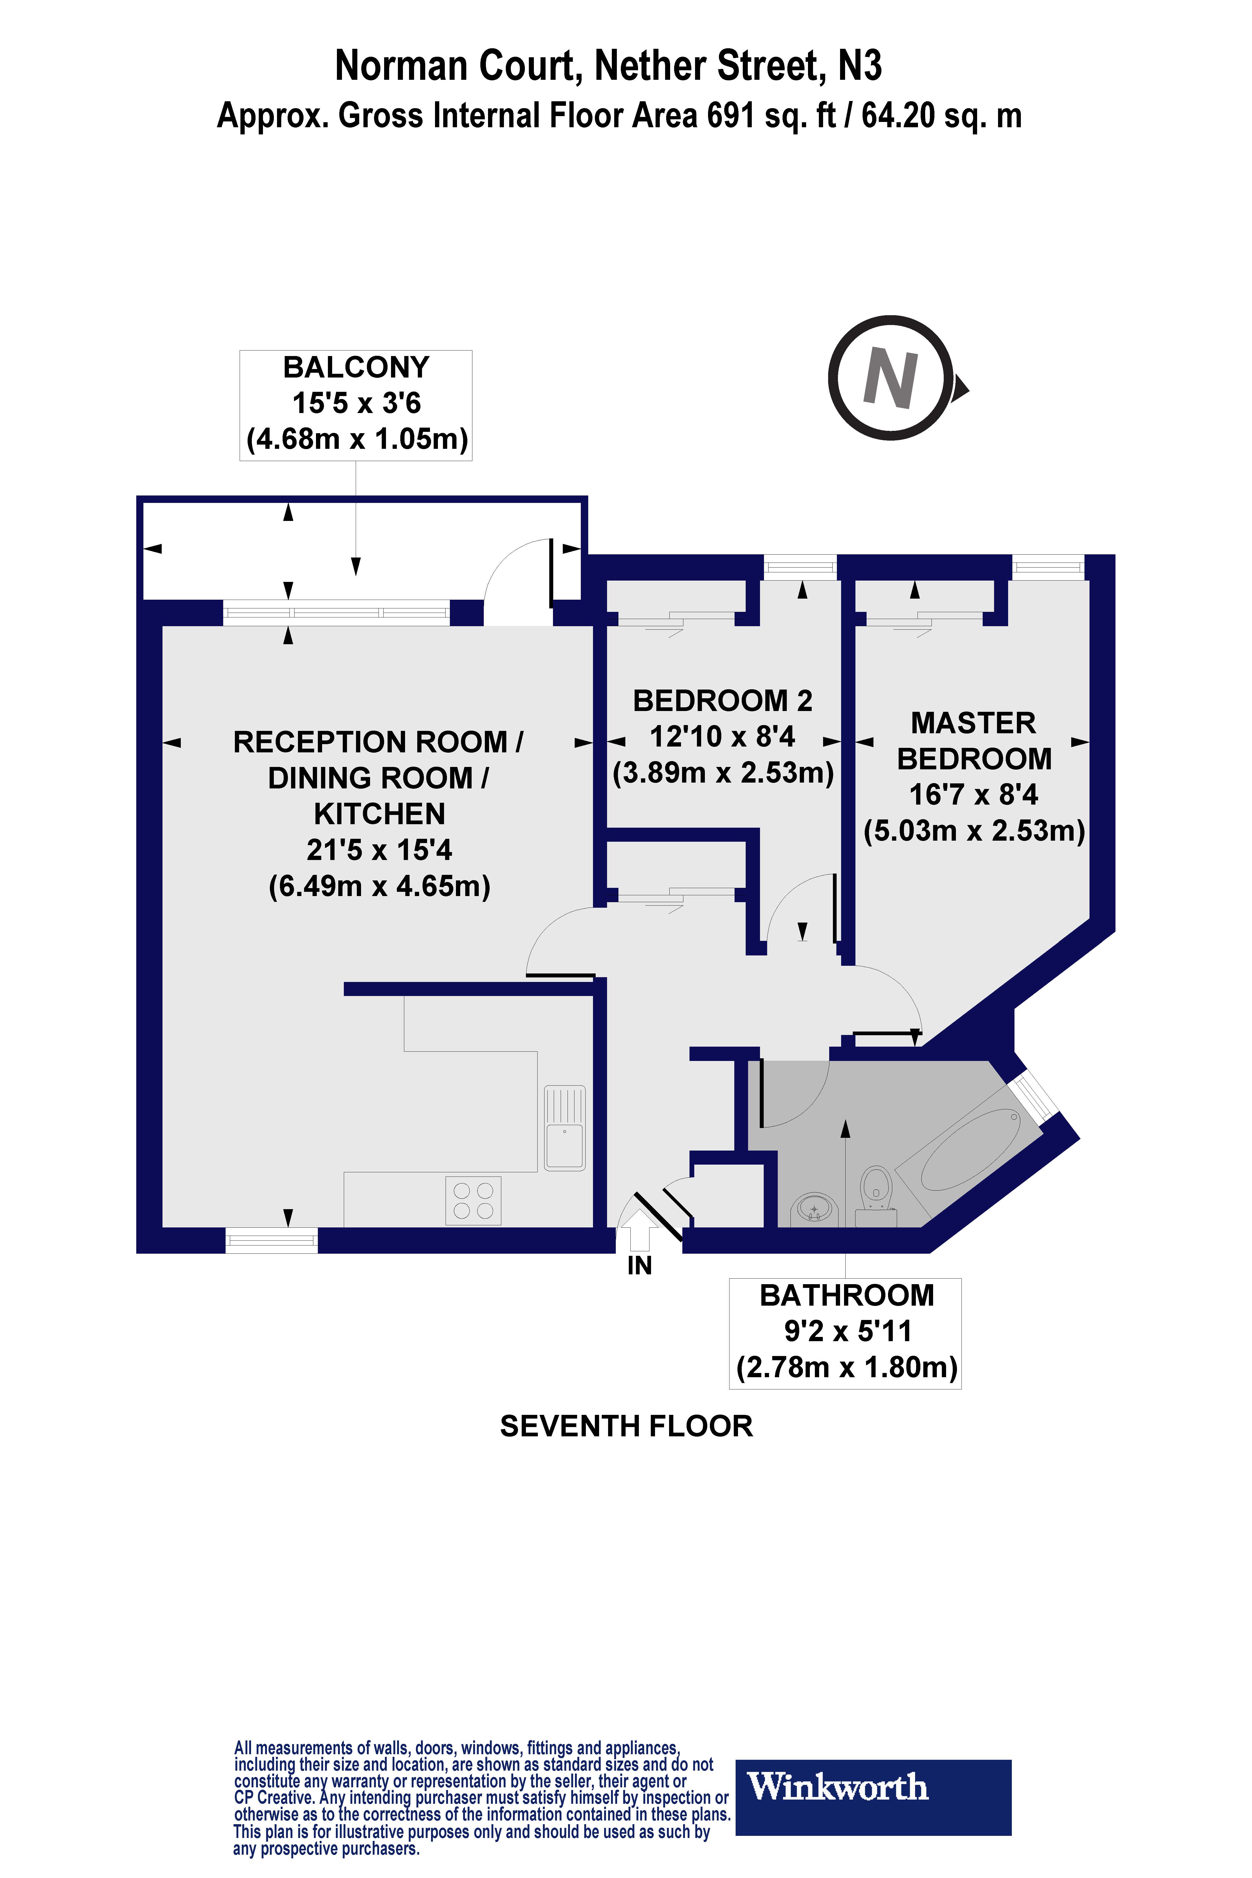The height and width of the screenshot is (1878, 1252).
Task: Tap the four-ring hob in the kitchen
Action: click(x=473, y=1200)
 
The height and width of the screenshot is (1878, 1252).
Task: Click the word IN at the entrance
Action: click(x=640, y=1266)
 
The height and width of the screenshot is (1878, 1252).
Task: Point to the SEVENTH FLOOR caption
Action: click(x=626, y=1426)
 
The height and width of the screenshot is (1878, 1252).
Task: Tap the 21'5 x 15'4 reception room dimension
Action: click(x=379, y=850)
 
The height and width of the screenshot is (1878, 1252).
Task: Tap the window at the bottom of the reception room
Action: click(x=271, y=1240)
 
